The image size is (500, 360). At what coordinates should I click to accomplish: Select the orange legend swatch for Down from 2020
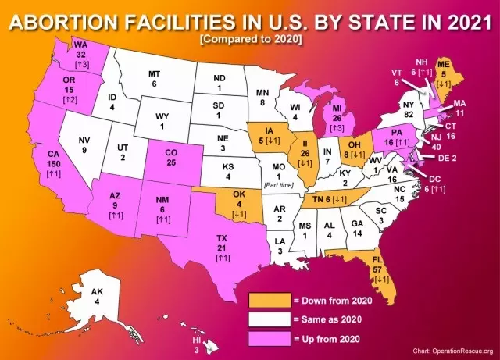pos(268,299)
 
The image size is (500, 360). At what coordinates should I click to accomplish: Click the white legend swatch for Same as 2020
pos(268,319)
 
